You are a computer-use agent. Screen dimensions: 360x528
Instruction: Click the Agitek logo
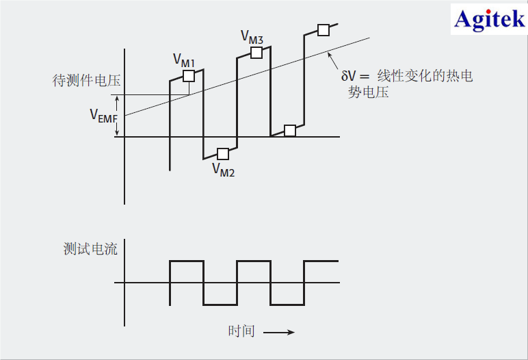pyautogui.click(x=490, y=19)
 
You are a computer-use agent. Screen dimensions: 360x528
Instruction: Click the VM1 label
pyautogui.click(x=183, y=62)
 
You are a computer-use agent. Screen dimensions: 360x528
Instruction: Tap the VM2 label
pyautogui.click(x=223, y=169)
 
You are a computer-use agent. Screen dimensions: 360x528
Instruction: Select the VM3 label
pyautogui.click(x=252, y=36)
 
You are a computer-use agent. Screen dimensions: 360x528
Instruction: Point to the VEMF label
pyautogui.click(x=103, y=116)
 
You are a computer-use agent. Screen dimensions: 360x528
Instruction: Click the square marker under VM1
pyautogui.click(x=188, y=76)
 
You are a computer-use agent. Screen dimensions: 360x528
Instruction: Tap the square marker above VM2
pyautogui.click(x=222, y=153)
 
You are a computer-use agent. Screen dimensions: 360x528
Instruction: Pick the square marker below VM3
pyautogui.click(x=256, y=52)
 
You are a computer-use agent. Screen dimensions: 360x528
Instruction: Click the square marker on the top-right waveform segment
pyautogui.click(x=324, y=30)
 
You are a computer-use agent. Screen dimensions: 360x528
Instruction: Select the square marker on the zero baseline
pyautogui.click(x=290, y=131)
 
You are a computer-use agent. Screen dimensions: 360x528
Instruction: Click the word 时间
pyautogui.click(x=241, y=331)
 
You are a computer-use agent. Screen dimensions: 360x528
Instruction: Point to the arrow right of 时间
pyautogui.click(x=279, y=333)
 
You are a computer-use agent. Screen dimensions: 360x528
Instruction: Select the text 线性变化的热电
pyautogui.click(x=425, y=76)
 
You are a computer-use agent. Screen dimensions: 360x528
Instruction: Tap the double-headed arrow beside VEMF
pyautogui.click(x=118, y=116)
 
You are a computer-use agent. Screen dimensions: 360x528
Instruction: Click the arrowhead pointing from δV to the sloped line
pyautogui.click(x=330, y=53)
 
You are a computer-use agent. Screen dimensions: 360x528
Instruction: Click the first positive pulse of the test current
pyautogui.click(x=187, y=261)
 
